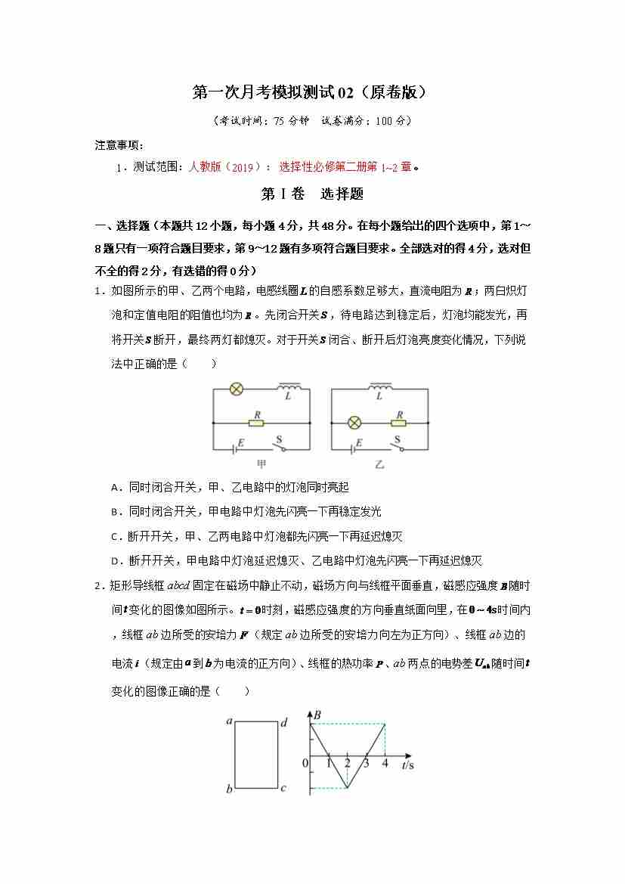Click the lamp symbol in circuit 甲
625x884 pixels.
tap(236, 390)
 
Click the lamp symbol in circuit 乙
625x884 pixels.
tap(354, 423)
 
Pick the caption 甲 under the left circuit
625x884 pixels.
tap(261, 464)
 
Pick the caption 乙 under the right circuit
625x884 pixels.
tap(379, 464)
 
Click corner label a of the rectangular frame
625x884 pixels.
tap(228, 721)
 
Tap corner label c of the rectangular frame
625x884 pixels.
tap(283, 789)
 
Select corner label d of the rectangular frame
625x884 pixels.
tap(283, 722)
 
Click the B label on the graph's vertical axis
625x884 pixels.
tap(317, 714)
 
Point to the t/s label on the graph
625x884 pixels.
tap(407, 765)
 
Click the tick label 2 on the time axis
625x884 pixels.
tap(347, 763)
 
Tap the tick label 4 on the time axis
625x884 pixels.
tap(385, 763)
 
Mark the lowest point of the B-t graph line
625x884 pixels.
tap(347, 788)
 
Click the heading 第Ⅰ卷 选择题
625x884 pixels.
tap(312, 194)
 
